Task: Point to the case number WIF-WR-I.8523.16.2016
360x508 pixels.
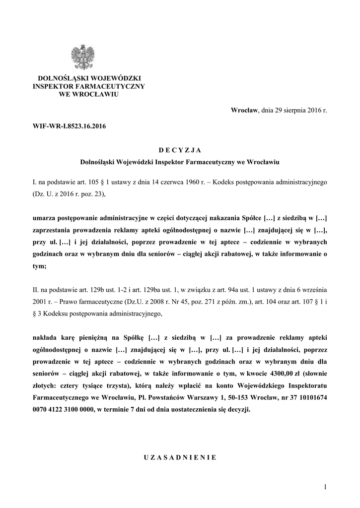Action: pos(69,126)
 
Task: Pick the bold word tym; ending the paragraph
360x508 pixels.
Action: pos(39,266)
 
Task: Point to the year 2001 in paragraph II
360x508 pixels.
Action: pos(39,302)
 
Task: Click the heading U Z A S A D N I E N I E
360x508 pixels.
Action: pos(180,457)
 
